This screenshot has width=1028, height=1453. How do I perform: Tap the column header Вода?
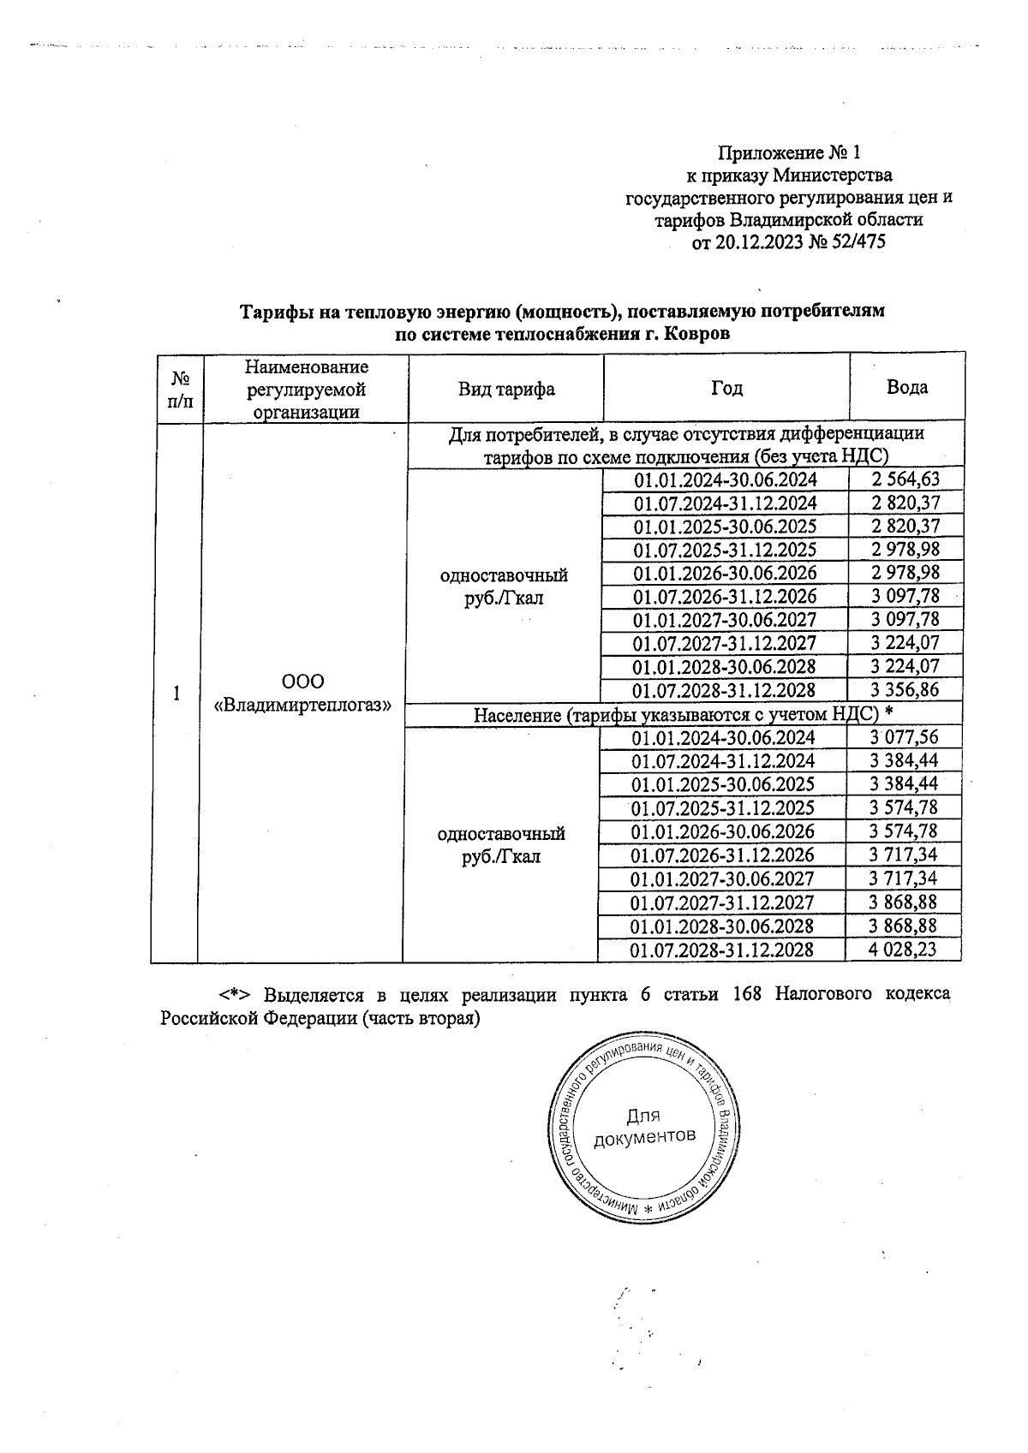point(907,387)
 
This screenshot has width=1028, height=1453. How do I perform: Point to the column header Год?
point(726,389)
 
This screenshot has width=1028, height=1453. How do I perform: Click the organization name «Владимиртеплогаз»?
point(302,705)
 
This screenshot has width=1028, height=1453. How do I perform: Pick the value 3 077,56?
point(903,737)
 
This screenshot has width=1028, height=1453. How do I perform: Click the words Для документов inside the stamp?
point(643,1127)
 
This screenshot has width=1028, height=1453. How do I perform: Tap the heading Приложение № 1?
point(788,153)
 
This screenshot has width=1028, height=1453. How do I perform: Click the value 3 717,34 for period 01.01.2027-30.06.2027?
point(903,878)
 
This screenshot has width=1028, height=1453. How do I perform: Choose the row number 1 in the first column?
point(176,693)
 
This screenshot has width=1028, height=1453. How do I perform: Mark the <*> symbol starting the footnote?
point(233,995)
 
